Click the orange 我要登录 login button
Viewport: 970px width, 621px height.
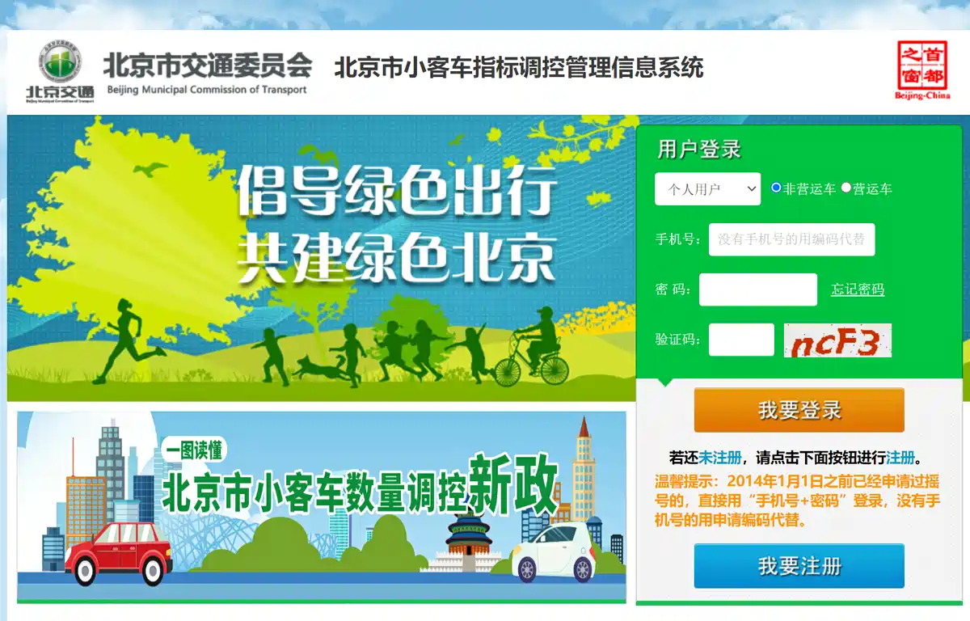pos(799,410)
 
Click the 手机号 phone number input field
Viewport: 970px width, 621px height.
pos(791,239)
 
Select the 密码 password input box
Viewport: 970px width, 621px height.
pos(757,289)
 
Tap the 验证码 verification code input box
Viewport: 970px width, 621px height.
pos(741,340)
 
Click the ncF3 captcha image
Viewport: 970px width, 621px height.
pos(837,340)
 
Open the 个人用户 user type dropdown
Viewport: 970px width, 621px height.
pos(707,189)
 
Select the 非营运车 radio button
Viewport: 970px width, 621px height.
pos(776,188)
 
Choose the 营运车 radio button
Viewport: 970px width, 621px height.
pos(846,188)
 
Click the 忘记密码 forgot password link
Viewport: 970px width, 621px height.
pos(858,289)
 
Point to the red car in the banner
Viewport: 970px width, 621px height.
pos(117,551)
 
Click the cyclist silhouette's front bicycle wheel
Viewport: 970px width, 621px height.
pos(508,370)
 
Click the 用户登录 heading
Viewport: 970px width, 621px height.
pos(699,150)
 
